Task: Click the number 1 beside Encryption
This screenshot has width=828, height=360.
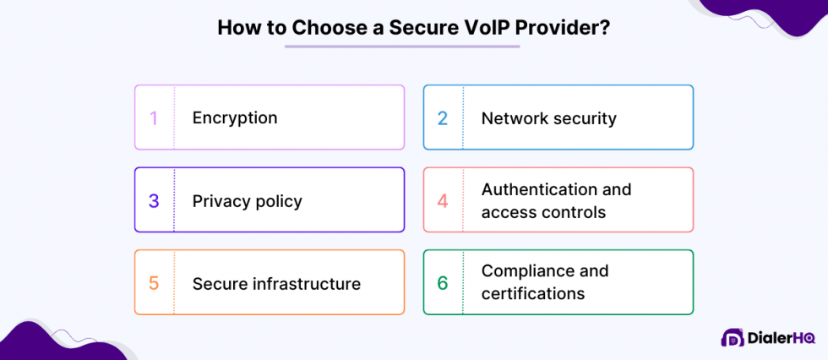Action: (x=154, y=117)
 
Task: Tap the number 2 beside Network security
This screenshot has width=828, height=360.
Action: (x=443, y=117)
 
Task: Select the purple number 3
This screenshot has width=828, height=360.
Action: (x=154, y=201)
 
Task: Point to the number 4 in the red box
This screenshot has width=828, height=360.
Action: (x=443, y=201)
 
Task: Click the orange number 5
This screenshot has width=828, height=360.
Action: (x=154, y=283)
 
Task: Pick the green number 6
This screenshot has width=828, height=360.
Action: (x=443, y=283)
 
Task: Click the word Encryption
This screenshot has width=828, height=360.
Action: (x=235, y=117)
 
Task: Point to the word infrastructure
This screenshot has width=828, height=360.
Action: (x=307, y=283)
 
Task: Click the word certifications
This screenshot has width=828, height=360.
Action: (x=533, y=294)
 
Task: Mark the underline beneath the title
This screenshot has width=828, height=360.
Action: (x=402, y=46)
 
